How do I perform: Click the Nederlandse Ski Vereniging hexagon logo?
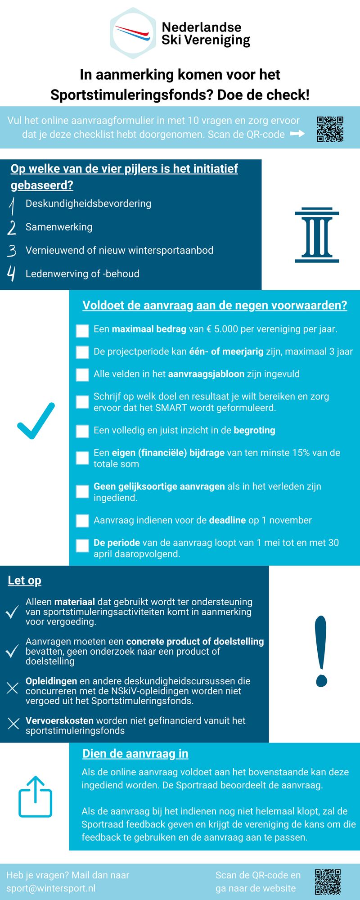tap(133, 33)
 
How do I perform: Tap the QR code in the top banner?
tap(330, 129)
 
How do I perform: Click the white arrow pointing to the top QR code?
tap(297, 134)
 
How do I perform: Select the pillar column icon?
tap(317, 235)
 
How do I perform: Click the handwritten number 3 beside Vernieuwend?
tap(12, 251)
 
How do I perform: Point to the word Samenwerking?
tap(59, 227)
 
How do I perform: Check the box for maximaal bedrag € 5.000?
tap(82, 330)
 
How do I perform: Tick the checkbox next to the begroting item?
tap(82, 431)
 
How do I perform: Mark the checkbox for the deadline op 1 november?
tap(82, 521)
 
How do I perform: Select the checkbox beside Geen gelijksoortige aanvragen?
tap(82, 491)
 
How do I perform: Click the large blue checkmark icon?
tap(36, 420)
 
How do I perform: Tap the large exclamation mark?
tap(321, 651)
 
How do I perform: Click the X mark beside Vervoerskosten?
tap(13, 724)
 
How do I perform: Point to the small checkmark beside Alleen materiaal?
tap(12, 612)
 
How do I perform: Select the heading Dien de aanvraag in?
tap(135, 754)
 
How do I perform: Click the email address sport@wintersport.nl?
tap(51, 888)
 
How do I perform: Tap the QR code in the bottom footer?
tap(328, 882)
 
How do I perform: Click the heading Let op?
tap(24, 580)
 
